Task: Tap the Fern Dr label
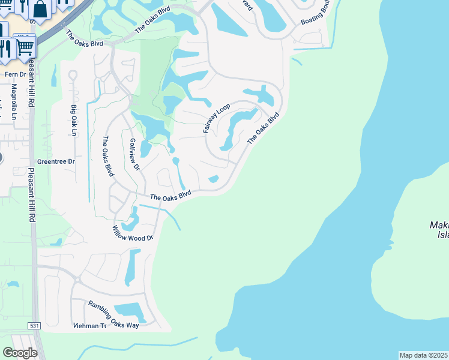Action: [x=16, y=74]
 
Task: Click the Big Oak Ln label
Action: [x=74, y=120]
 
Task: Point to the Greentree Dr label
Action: [x=56, y=161]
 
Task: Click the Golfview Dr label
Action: [x=134, y=154]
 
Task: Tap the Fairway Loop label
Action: [x=217, y=118]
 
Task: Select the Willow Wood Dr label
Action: [x=133, y=233]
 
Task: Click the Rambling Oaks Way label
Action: [x=113, y=315]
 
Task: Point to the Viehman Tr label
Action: [x=89, y=326]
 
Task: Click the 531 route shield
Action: [x=35, y=326]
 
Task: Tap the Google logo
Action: [x=20, y=352]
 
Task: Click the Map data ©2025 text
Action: [x=423, y=355]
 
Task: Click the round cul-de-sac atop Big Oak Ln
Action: [x=73, y=76]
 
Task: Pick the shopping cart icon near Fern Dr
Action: [x=25, y=46]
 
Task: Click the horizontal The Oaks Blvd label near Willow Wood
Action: [x=170, y=195]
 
